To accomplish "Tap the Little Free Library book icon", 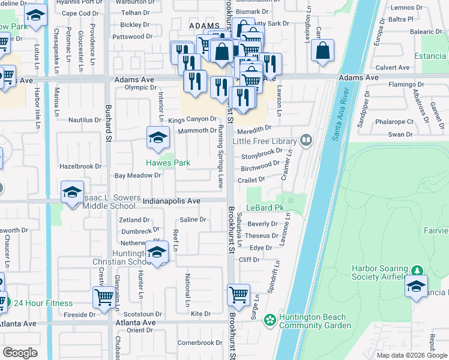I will click(x=306, y=140).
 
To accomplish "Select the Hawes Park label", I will click(x=168, y=163).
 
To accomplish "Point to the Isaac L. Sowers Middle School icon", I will click(x=72, y=192).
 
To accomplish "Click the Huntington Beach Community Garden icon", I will click(x=270, y=320).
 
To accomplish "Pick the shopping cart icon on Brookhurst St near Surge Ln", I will click(x=239, y=295).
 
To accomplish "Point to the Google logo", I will click(x=20, y=352).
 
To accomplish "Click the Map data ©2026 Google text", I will click(x=411, y=355).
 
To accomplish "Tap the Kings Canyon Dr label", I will click(x=191, y=119).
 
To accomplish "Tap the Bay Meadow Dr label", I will click(x=138, y=176).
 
